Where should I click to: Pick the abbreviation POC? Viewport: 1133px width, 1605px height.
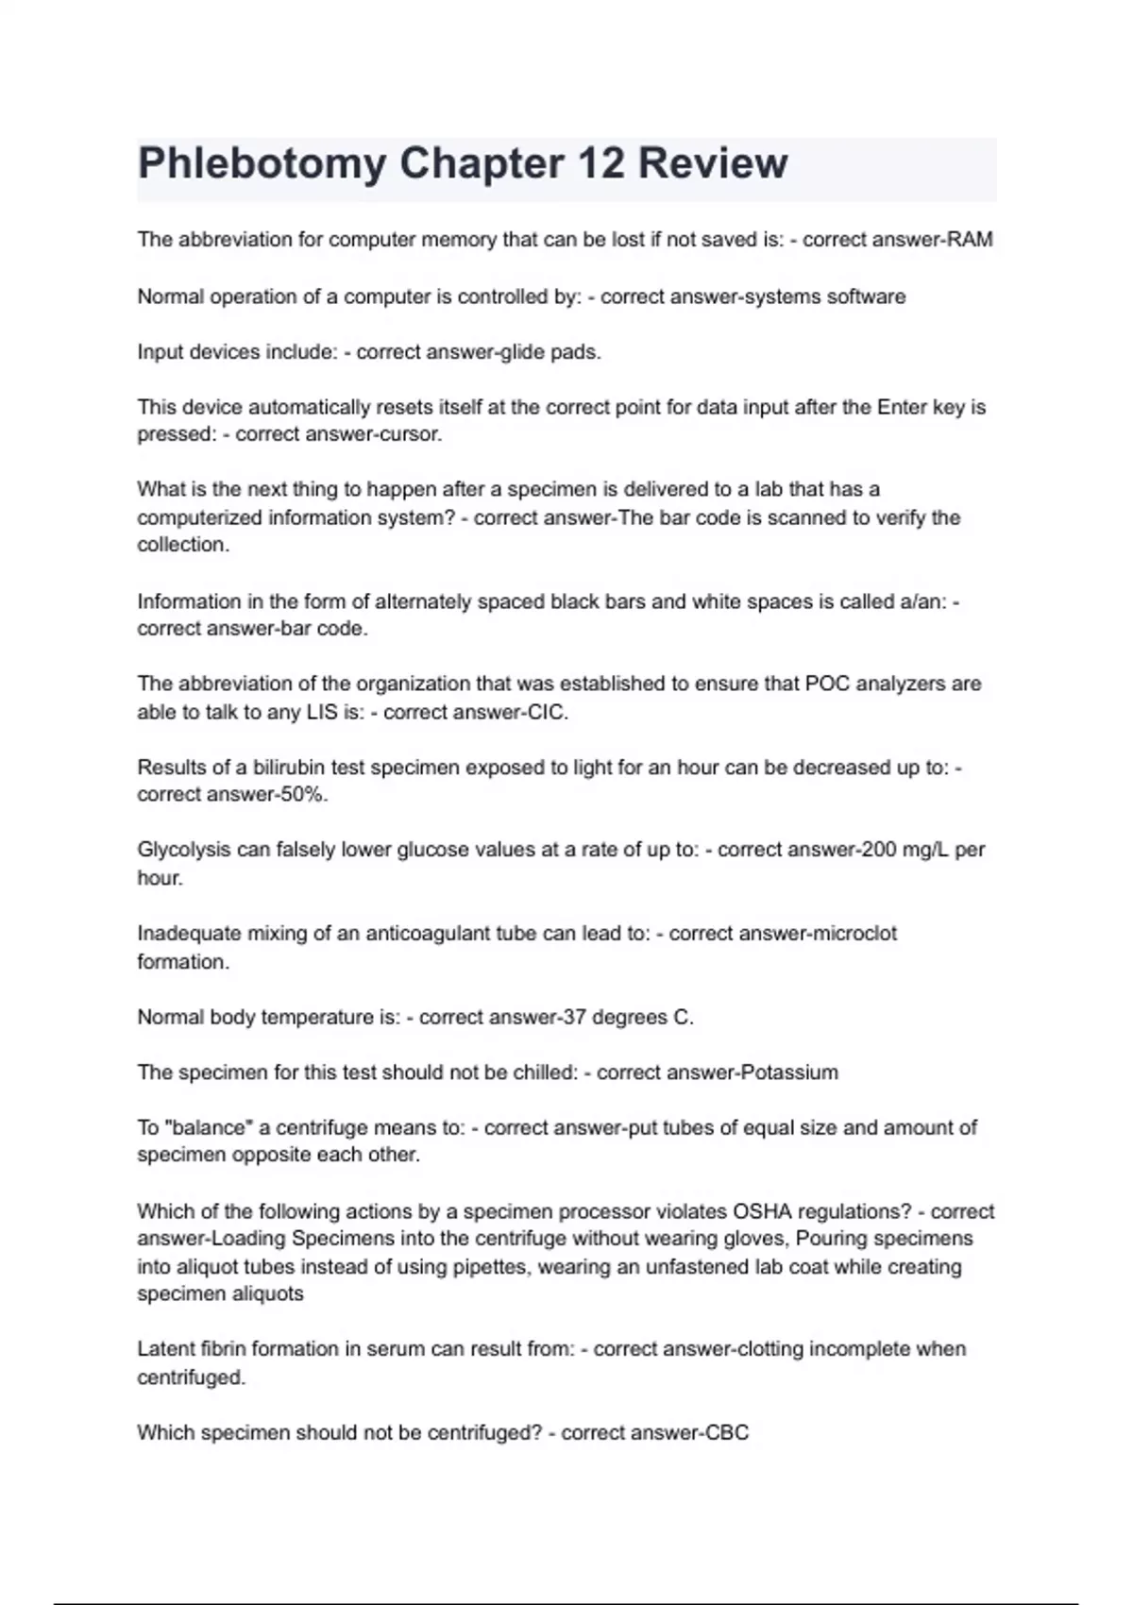(827, 684)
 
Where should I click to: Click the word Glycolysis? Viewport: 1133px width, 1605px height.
(184, 850)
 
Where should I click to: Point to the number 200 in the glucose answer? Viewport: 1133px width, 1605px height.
(879, 850)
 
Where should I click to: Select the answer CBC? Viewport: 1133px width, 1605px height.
(727, 1433)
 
